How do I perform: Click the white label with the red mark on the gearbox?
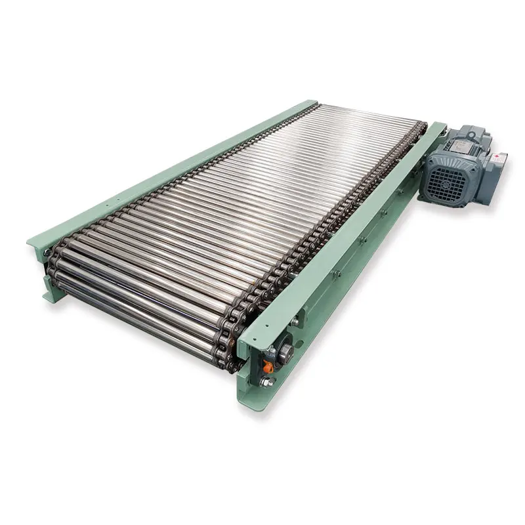(x=500, y=157)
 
